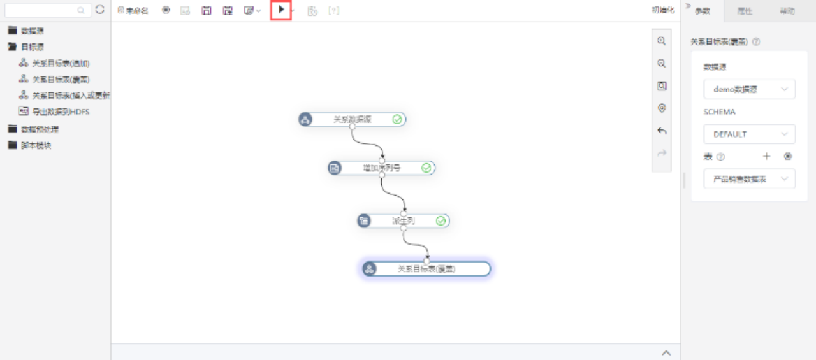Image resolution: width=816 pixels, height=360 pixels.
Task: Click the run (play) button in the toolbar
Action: pyautogui.click(x=281, y=10)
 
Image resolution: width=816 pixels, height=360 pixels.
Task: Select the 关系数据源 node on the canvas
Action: pyautogui.click(x=352, y=119)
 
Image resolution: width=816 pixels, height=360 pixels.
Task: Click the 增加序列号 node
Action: pyautogui.click(x=381, y=168)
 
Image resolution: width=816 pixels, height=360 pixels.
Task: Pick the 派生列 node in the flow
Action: pyautogui.click(x=403, y=221)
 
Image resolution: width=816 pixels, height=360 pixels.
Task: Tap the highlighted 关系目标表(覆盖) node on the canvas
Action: pyautogui.click(x=426, y=269)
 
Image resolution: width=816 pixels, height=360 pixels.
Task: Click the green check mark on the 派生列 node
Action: pyautogui.click(x=441, y=221)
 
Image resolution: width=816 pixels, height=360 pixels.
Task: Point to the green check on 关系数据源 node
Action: pyautogui.click(x=397, y=119)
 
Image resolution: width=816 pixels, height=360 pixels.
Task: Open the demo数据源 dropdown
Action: pyautogui.click(x=749, y=90)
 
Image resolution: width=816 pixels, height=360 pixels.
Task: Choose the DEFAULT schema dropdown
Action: pyautogui.click(x=749, y=134)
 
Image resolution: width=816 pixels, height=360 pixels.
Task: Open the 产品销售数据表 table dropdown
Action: pyautogui.click(x=749, y=180)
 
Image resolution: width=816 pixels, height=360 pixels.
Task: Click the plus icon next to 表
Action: pyautogui.click(x=767, y=157)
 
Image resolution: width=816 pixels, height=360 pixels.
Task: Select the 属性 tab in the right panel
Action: pyautogui.click(x=745, y=11)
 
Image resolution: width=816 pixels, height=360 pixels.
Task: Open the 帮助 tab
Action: pyautogui.click(x=787, y=11)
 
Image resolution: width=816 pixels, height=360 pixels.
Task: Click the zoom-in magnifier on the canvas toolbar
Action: pyautogui.click(x=662, y=41)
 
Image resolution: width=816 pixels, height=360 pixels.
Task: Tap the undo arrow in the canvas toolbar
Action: pyautogui.click(x=662, y=131)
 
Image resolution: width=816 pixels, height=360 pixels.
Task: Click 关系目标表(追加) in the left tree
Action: pyautogui.click(x=61, y=63)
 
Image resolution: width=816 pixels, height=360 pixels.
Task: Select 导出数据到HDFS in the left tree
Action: pyautogui.click(x=61, y=112)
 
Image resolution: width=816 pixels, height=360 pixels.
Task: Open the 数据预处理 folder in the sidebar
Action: pyautogui.click(x=40, y=129)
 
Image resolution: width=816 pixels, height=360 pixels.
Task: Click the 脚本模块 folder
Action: pyautogui.click(x=36, y=145)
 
